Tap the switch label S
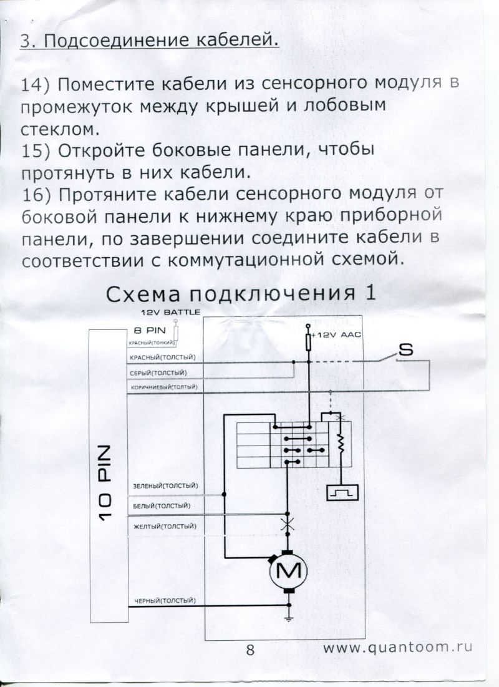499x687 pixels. tap(405, 351)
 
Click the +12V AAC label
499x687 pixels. tap(337, 335)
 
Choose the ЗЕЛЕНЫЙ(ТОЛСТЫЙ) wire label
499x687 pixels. tap(165, 486)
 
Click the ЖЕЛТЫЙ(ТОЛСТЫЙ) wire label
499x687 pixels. tap(164, 526)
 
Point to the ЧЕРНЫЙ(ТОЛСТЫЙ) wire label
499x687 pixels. tap(165, 601)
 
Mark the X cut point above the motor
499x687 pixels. tap(288, 525)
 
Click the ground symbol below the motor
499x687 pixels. tap(288, 618)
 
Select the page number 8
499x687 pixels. tap(251, 649)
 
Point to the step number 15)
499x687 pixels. tap(36, 152)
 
